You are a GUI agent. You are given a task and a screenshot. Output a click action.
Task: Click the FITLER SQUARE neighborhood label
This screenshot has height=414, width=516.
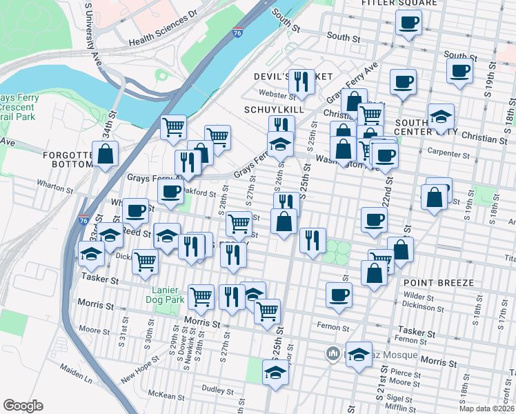[399, 3]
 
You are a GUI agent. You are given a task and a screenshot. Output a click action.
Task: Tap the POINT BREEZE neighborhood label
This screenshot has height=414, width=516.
[439, 283]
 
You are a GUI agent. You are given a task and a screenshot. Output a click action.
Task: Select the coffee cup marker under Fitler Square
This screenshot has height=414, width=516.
[407, 23]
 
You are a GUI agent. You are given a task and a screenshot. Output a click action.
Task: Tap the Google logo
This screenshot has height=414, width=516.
[23, 406]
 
